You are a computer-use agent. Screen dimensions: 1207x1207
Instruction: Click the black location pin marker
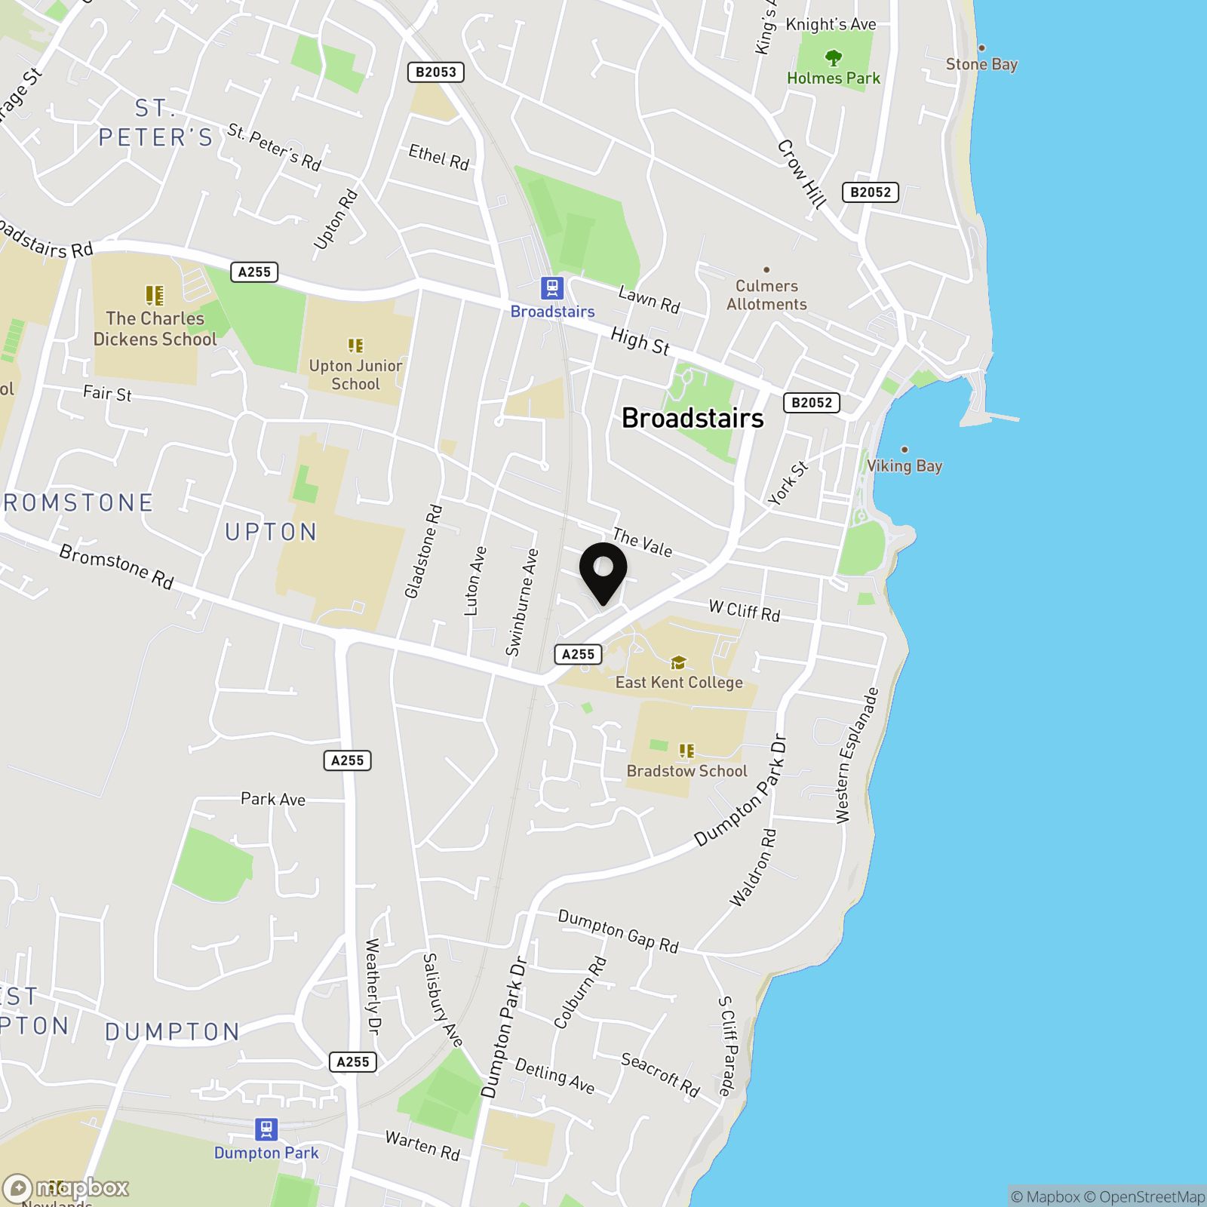[603, 570]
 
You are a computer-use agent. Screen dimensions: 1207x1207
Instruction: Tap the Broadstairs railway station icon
[552, 288]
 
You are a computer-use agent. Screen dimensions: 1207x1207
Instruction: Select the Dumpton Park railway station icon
[266, 1129]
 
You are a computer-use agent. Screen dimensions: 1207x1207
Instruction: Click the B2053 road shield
[436, 72]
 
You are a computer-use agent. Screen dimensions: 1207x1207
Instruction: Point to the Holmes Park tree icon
[833, 57]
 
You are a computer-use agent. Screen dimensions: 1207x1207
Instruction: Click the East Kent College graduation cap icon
[679, 662]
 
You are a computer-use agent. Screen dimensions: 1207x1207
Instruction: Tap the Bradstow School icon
[686, 751]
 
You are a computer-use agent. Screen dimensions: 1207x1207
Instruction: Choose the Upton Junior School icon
[355, 346]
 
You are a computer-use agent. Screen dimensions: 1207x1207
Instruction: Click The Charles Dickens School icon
[155, 294]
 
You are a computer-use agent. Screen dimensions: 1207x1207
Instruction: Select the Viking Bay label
[904, 465]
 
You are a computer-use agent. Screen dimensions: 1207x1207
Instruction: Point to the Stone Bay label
[981, 64]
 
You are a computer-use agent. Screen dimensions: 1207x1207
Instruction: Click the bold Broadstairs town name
[693, 418]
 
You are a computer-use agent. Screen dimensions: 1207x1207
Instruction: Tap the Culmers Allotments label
[766, 295]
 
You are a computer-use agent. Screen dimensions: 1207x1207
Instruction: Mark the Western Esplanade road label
[857, 755]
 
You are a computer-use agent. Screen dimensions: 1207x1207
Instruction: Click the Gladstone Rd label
[423, 551]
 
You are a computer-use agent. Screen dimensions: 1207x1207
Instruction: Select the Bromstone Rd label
[117, 567]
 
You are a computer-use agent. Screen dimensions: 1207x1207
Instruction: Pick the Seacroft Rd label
[661, 1074]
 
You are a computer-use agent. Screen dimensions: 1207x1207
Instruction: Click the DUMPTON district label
[173, 1032]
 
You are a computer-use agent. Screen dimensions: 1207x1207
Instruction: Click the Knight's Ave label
[831, 24]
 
